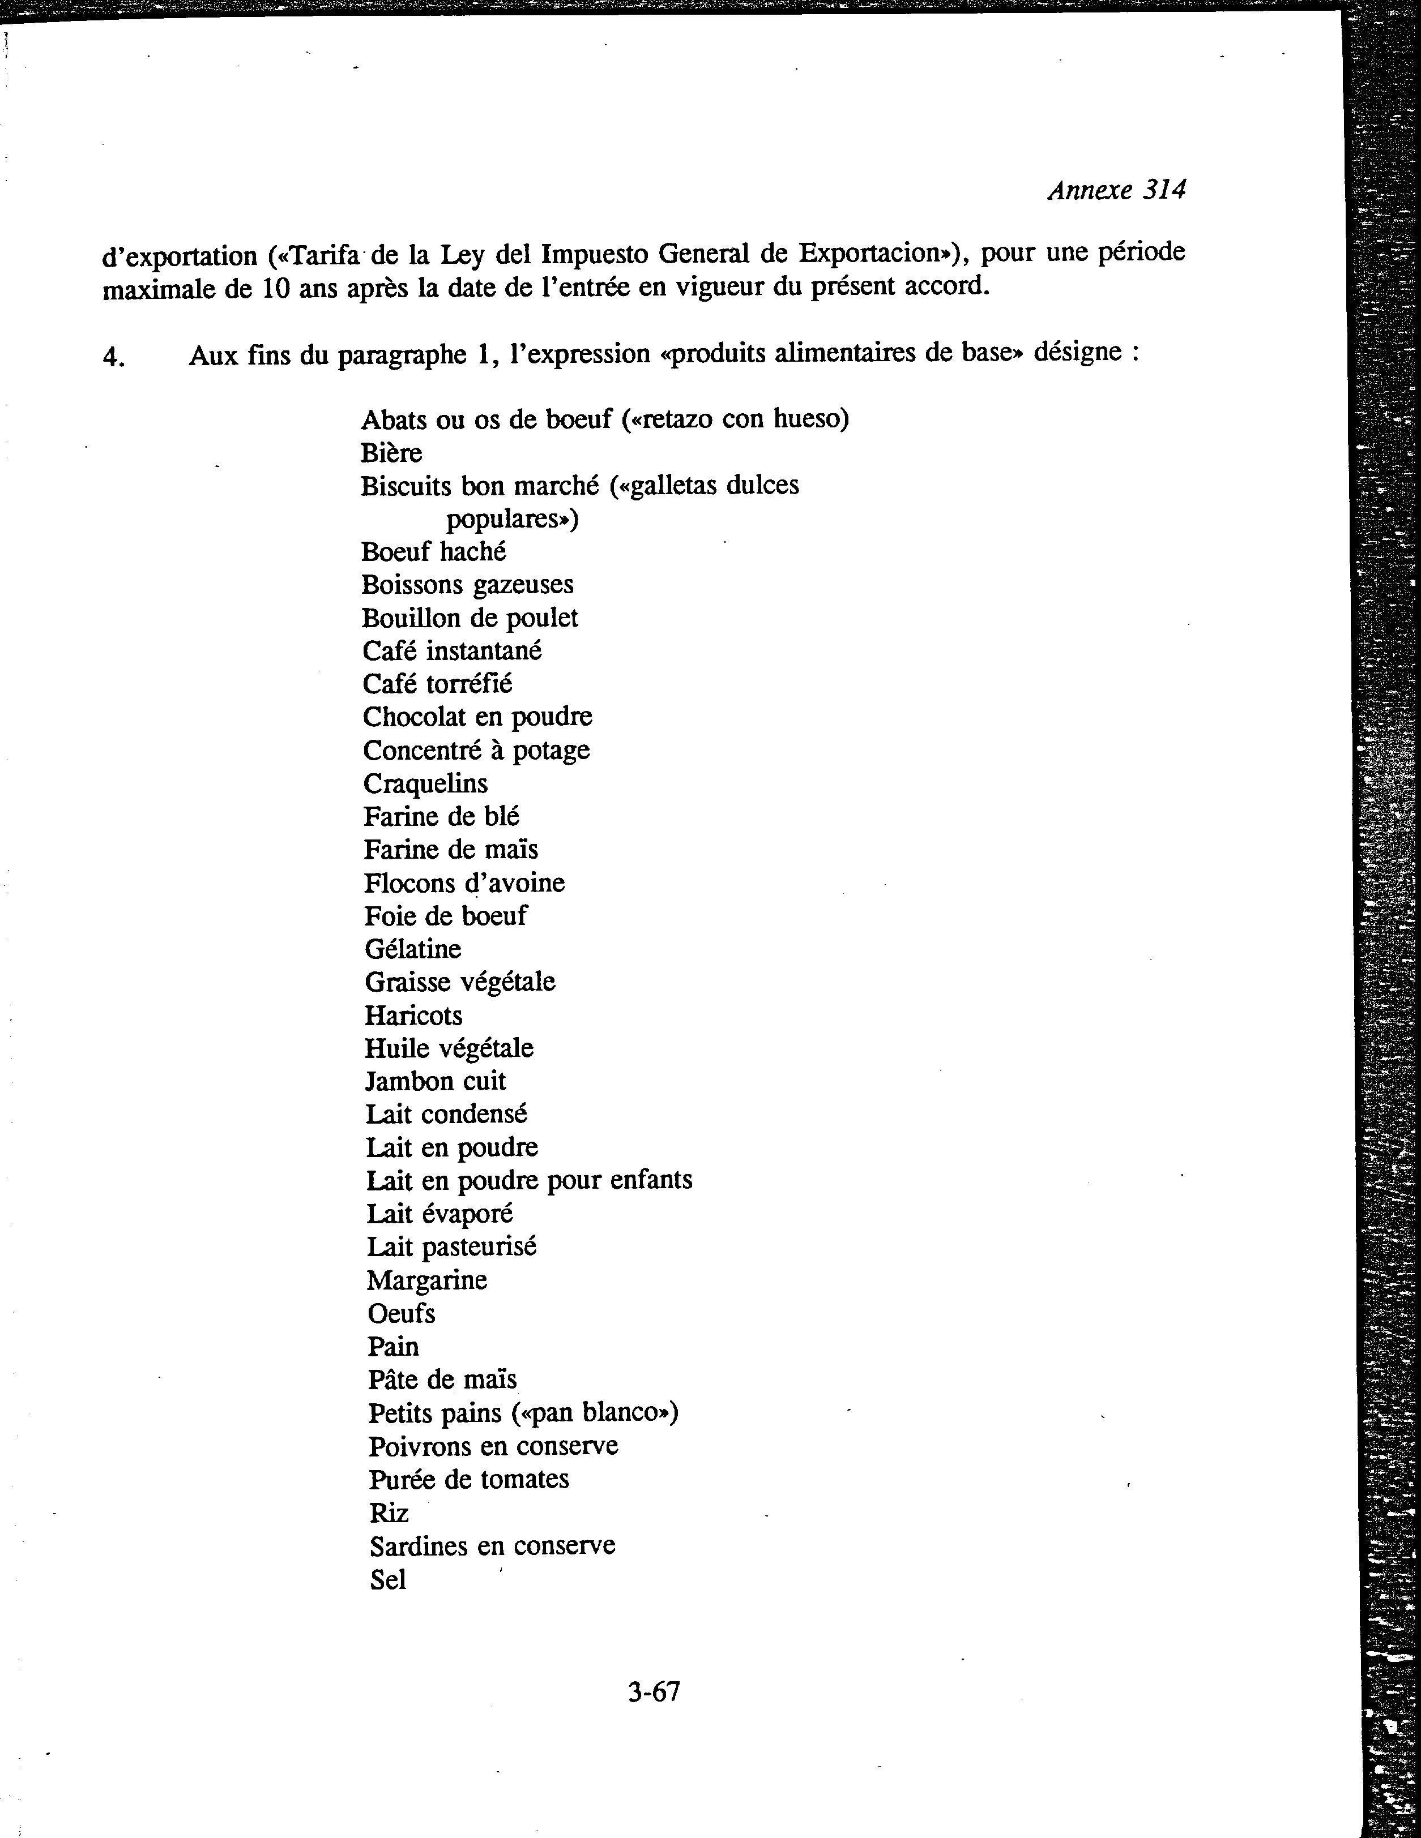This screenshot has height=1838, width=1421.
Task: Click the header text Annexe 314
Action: tap(1116, 190)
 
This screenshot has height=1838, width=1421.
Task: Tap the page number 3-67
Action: tap(653, 1691)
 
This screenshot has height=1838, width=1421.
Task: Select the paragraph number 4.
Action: tap(114, 358)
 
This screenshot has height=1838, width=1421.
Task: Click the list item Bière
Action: tap(391, 453)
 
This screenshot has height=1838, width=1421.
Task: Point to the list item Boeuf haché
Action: tap(433, 552)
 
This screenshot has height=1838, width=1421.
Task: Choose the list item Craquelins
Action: tap(425, 783)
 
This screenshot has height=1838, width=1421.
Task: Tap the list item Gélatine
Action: tap(412, 949)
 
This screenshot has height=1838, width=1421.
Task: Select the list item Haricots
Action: tap(413, 1016)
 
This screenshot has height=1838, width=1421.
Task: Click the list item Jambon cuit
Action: tap(435, 1081)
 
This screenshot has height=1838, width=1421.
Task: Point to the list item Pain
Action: tap(392, 1347)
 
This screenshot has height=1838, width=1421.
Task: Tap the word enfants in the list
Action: tap(651, 1181)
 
